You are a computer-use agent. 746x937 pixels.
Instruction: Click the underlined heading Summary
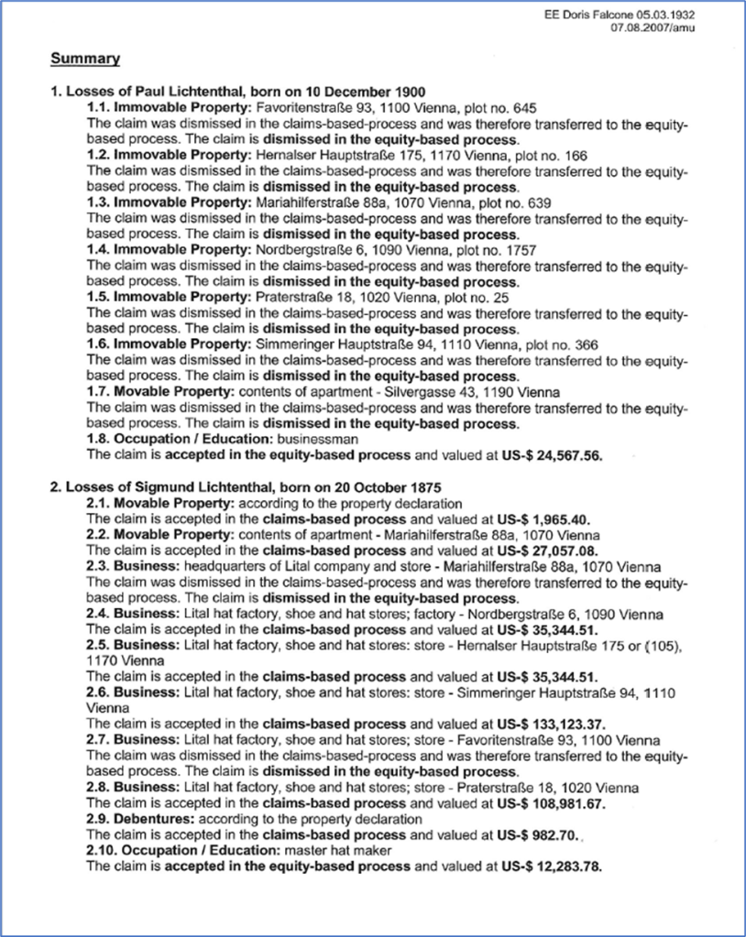coord(85,60)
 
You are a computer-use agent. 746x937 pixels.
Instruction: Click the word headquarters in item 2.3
coord(218,566)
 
